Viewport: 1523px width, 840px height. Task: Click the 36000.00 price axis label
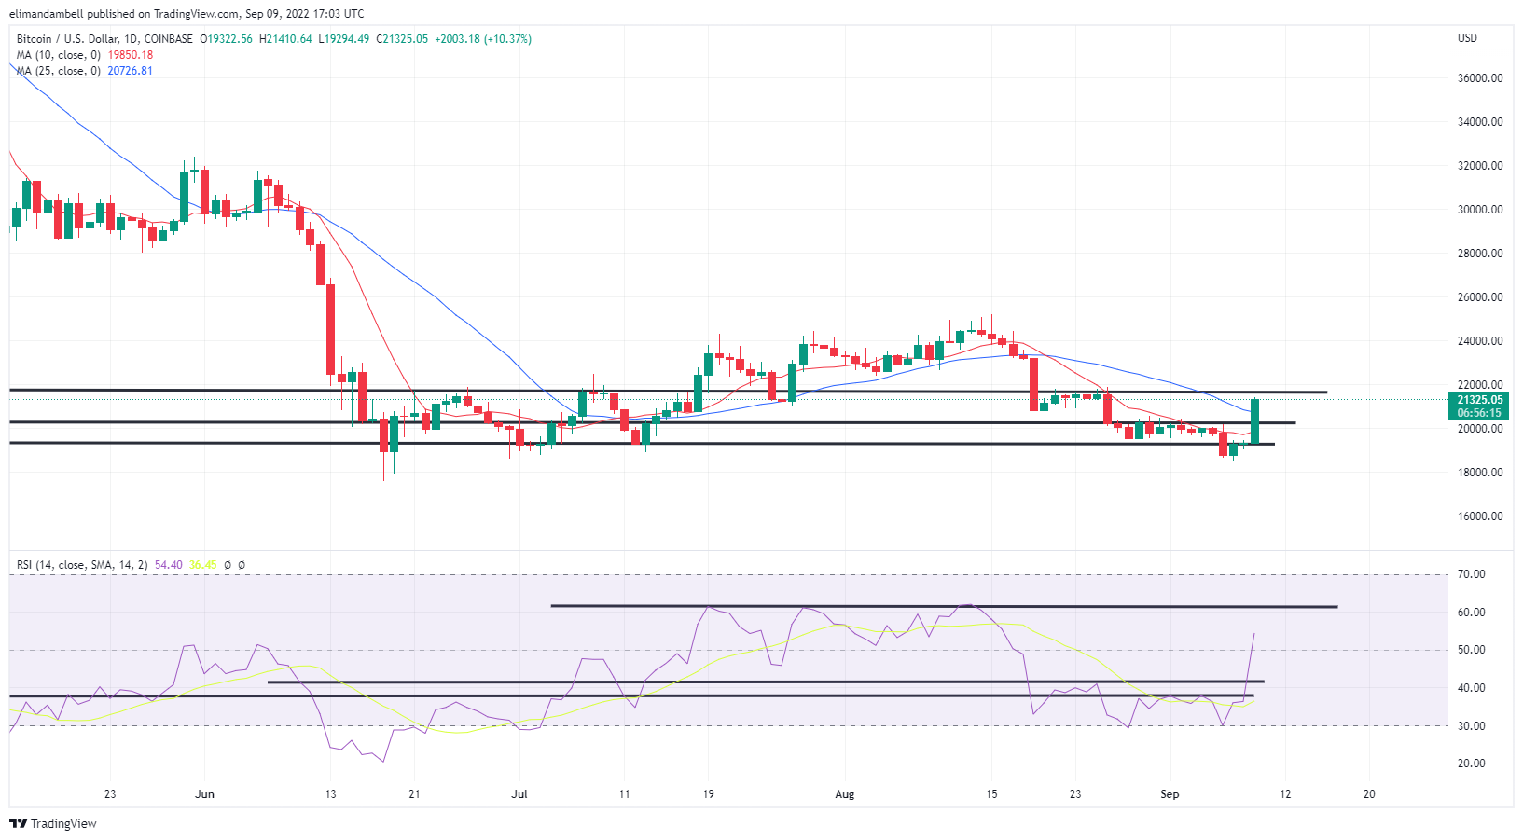pos(1479,78)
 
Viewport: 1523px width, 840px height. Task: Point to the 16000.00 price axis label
pos(1479,516)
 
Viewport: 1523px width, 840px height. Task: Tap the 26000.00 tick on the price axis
pos(1479,297)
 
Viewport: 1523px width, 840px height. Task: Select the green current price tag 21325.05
pos(1479,400)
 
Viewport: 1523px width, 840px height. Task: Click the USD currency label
pos(1467,38)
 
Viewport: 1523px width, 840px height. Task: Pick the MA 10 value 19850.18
pos(131,55)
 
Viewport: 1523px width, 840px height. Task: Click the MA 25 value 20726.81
pos(131,71)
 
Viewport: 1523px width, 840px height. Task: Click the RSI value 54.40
pos(169,565)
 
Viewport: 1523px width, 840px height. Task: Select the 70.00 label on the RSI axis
pos(1471,574)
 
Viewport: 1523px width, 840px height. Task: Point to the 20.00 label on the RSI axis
pos(1471,764)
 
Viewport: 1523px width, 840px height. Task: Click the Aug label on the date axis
pos(844,794)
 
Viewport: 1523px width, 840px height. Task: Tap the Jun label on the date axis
pos(204,794)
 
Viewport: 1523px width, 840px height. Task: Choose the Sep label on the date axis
pos(1170,794)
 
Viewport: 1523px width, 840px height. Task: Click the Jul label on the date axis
pos(519,794)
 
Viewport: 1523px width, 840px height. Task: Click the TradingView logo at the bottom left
pos(53,823)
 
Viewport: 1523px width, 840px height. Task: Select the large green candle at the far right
pos(1255,421)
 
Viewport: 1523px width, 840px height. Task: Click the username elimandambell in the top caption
pos(47,14)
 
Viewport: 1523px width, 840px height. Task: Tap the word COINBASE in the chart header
pos(169,39)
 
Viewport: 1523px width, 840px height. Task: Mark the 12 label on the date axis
pos(1285,794)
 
